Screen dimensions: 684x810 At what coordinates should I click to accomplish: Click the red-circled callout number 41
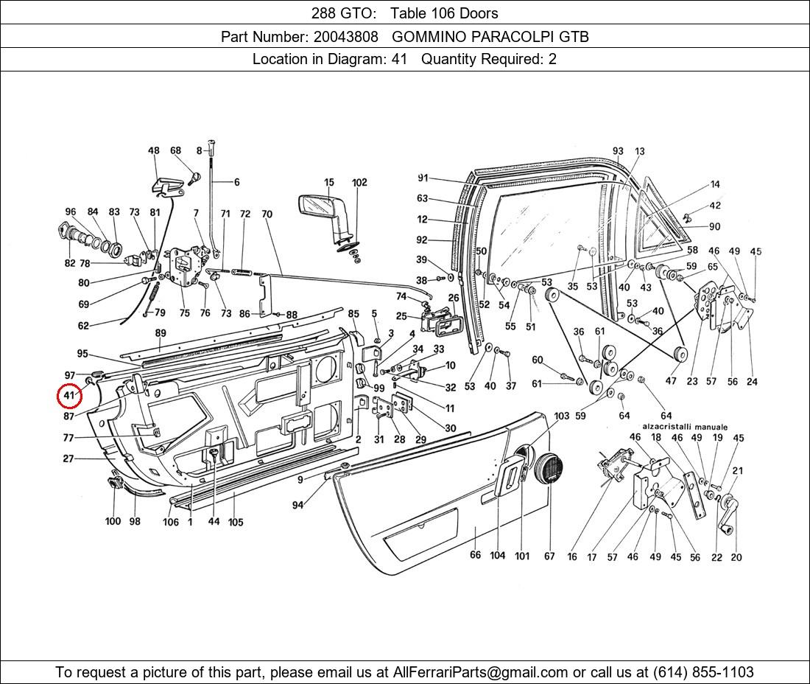click(x=69, y=396)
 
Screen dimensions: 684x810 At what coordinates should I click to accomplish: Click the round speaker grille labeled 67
click(x=549, y=469)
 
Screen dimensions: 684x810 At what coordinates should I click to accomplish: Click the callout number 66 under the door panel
click(x=475, y=555)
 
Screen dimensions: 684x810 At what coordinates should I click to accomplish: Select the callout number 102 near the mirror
click(x=359, y=182)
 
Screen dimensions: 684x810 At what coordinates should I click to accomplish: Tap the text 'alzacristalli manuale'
click(x=685, y=427)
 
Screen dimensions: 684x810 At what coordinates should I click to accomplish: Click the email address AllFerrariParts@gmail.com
click(x=481, y=672)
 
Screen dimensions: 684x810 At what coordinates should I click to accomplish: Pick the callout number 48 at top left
click(x=153, y=151)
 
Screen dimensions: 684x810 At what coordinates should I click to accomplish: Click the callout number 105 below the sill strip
click(x=235, y=522)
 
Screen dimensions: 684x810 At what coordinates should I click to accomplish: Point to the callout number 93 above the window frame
click(x=618, y=151)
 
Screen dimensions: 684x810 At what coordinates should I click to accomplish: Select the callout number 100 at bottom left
click(x=113, y=521)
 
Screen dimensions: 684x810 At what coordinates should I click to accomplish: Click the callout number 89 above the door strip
click(x=161, y=333)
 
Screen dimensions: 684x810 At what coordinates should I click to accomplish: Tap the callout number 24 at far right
click(x=752, y=382)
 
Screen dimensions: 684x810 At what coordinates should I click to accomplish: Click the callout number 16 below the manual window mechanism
click(x=572, y=557)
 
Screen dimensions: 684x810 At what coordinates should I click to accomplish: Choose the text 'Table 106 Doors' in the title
click(x=444, y=13)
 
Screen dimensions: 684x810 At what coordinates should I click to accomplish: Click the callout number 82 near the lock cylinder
click(x=69, y=263)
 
